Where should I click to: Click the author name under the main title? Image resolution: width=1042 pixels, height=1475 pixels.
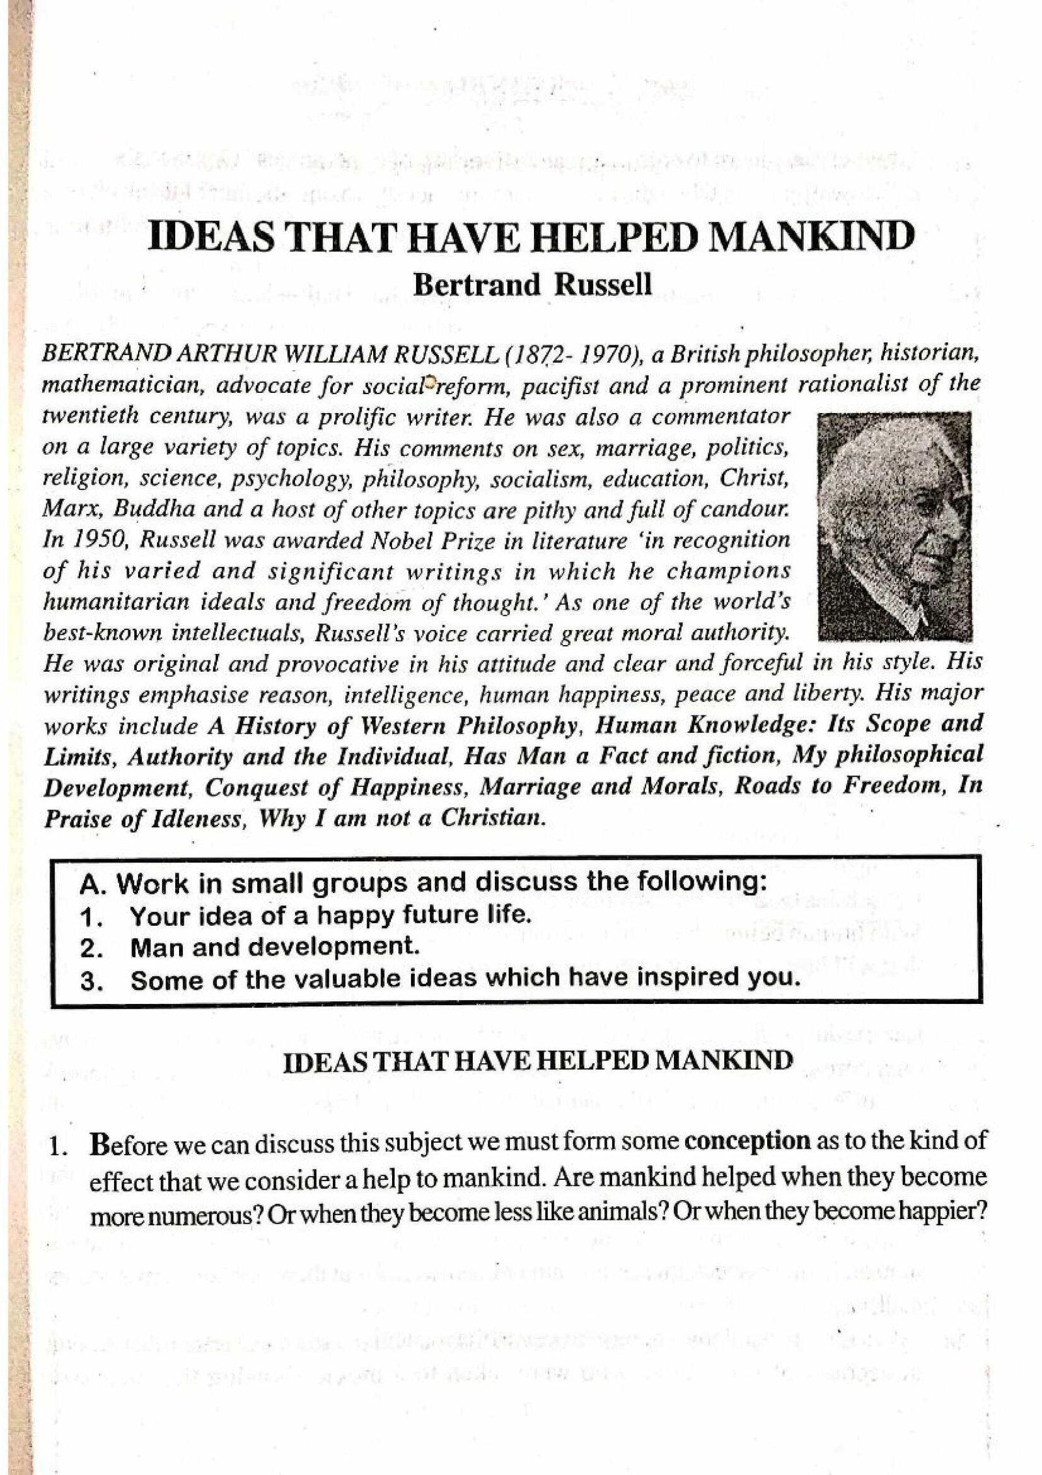(x=532, y=285)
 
